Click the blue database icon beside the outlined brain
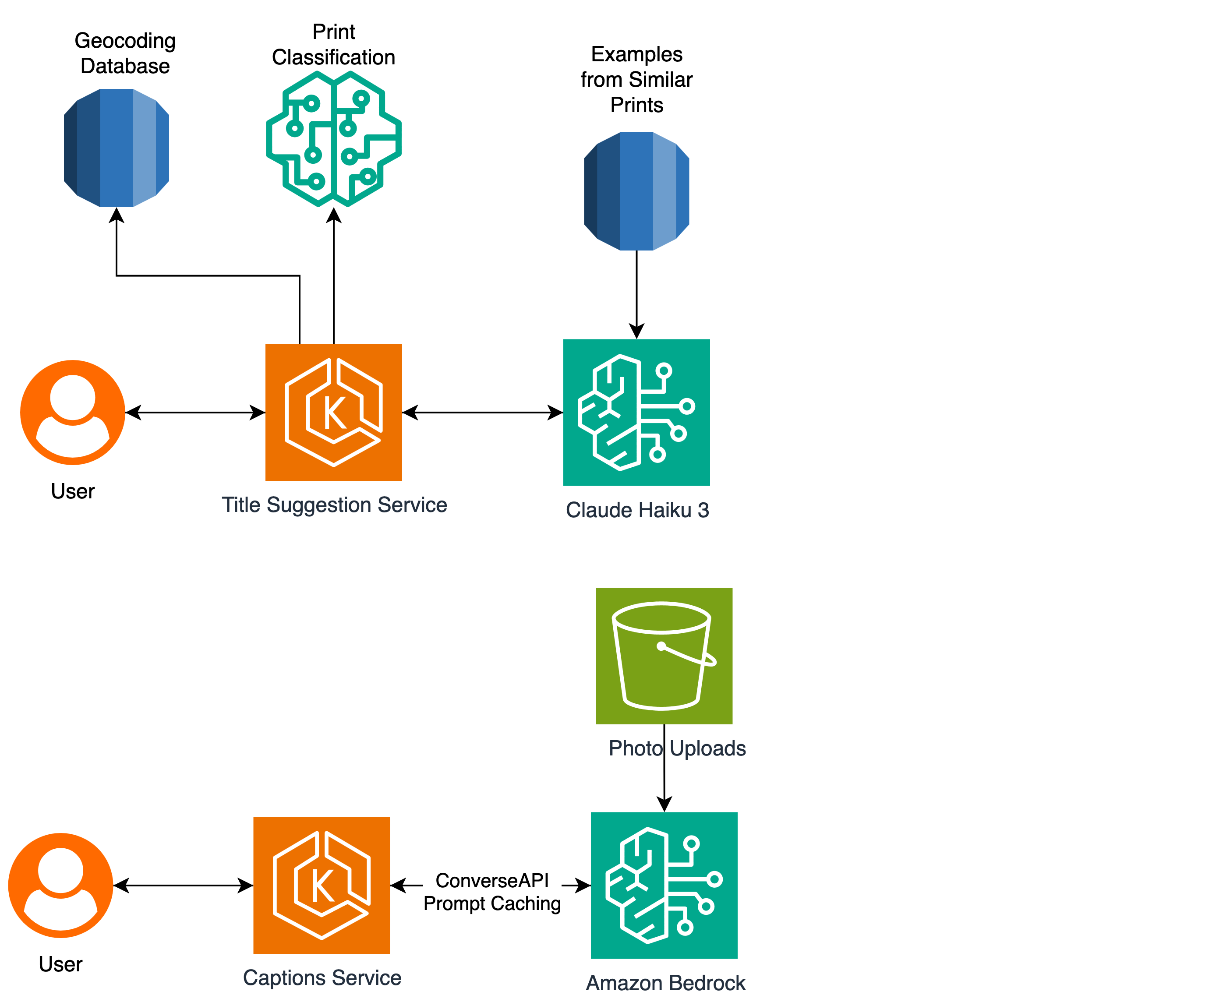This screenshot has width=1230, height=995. pos(117,148)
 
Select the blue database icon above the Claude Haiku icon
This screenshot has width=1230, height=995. pos(636,191)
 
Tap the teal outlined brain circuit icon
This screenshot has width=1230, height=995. pos(334,139)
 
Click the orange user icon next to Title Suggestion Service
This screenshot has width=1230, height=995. pos(73,412)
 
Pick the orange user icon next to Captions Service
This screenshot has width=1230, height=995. pos(61,886)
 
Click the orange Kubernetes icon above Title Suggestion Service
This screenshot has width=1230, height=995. pos(334,412)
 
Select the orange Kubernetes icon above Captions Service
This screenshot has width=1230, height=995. pos(322,886)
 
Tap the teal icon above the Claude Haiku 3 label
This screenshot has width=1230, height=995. pos(636,412)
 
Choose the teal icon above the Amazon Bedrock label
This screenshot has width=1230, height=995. pos(664,886)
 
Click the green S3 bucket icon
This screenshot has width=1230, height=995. pos(664,656)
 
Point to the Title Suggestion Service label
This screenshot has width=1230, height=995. pos(334,505)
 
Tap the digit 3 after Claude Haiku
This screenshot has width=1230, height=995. pos(703,510)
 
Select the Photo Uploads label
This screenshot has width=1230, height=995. pos(677,748)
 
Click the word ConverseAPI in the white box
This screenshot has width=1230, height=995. pos(492,880)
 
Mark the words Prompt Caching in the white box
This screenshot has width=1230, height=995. pos(492,904)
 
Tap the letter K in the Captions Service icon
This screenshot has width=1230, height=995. pos(323,886)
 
